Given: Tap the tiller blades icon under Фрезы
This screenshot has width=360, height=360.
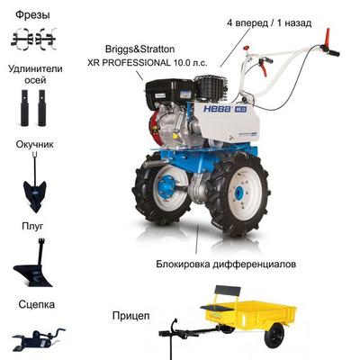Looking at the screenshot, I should tap(35, 38).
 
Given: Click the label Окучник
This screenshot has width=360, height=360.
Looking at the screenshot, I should tap(35, 143).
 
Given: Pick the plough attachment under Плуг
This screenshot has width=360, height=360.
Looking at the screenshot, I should tap(33, 268).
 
